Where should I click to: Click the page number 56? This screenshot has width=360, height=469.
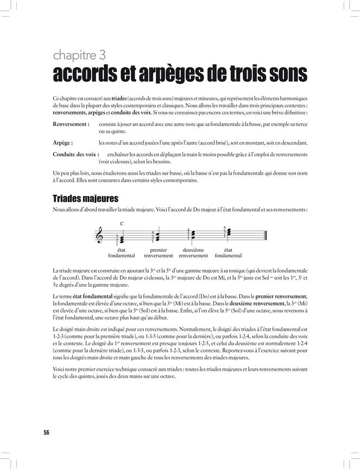point(46,433)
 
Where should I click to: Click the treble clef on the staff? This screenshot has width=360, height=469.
point(99,235)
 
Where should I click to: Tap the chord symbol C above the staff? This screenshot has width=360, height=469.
point(122,223)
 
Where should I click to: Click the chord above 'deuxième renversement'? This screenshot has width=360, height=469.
point(193,234)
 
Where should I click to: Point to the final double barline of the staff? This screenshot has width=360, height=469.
point(266,235)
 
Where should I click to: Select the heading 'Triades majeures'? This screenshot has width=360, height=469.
point(85,199)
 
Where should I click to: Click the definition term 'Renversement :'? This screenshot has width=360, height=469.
point(71,124)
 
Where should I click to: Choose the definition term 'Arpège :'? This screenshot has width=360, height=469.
point(65,143)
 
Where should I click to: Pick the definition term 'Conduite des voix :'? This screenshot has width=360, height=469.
point(76,155)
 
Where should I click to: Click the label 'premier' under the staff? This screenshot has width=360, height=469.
point(159,250)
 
